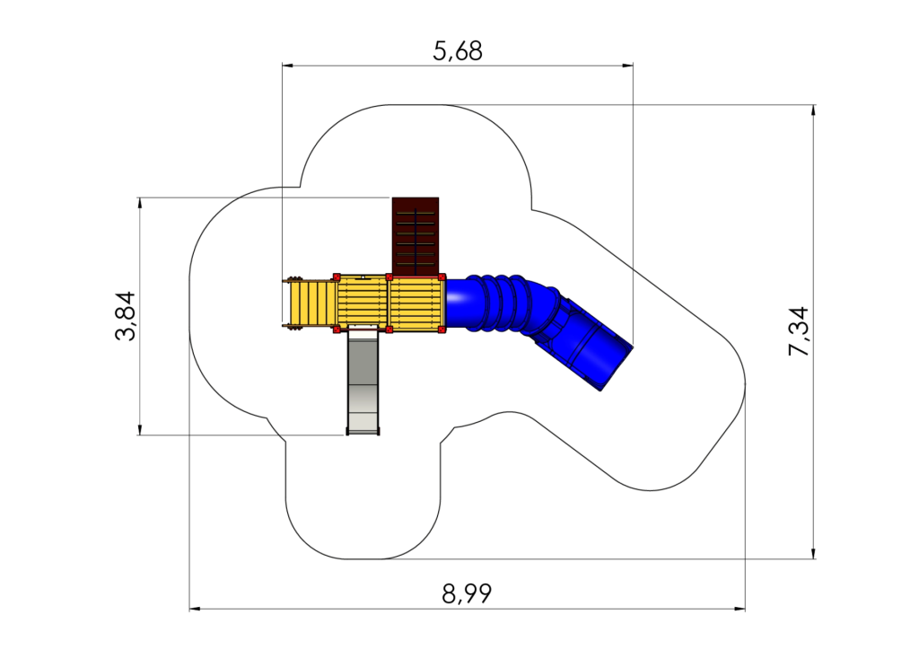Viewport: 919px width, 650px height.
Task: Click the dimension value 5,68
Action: [458, 51]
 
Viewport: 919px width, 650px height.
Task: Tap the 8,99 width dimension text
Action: [467, 594]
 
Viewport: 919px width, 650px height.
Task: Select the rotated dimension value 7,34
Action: [799, 331]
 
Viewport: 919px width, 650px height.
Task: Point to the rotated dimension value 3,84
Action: [126, 316]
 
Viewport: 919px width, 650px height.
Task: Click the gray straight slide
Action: [363, 382]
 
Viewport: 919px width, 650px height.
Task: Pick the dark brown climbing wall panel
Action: [416, 236]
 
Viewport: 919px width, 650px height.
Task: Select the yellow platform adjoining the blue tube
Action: [416, 303]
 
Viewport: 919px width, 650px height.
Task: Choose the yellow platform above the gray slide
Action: [363, 303]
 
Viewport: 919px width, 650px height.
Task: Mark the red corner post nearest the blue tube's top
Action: [442, 277]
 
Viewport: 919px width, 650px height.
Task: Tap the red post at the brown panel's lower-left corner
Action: [389, 277]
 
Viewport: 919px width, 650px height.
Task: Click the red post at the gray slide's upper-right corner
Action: [389, 330]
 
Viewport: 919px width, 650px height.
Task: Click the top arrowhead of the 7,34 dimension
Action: [813, 110]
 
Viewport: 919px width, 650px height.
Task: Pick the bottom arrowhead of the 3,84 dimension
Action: [139, 429]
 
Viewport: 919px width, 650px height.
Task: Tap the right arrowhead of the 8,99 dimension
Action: [740, 609]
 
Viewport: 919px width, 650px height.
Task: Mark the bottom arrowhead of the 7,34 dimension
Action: [813, 553]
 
